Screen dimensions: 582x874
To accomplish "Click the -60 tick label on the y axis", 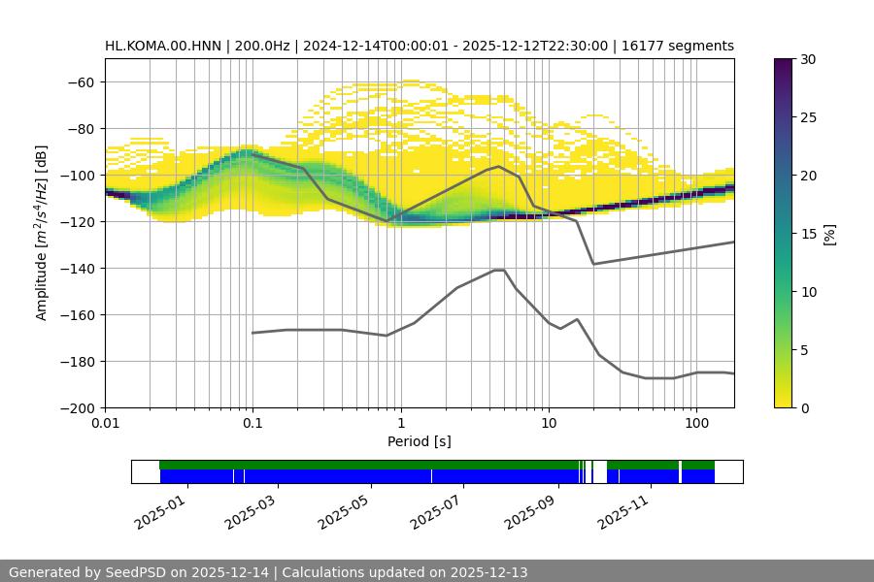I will (x=79, y=81).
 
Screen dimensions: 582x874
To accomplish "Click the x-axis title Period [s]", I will (x=420, y=442).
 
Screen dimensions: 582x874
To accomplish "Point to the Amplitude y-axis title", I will (x=41, y=233).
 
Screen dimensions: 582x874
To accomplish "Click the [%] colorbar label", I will (x=829, y=234).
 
